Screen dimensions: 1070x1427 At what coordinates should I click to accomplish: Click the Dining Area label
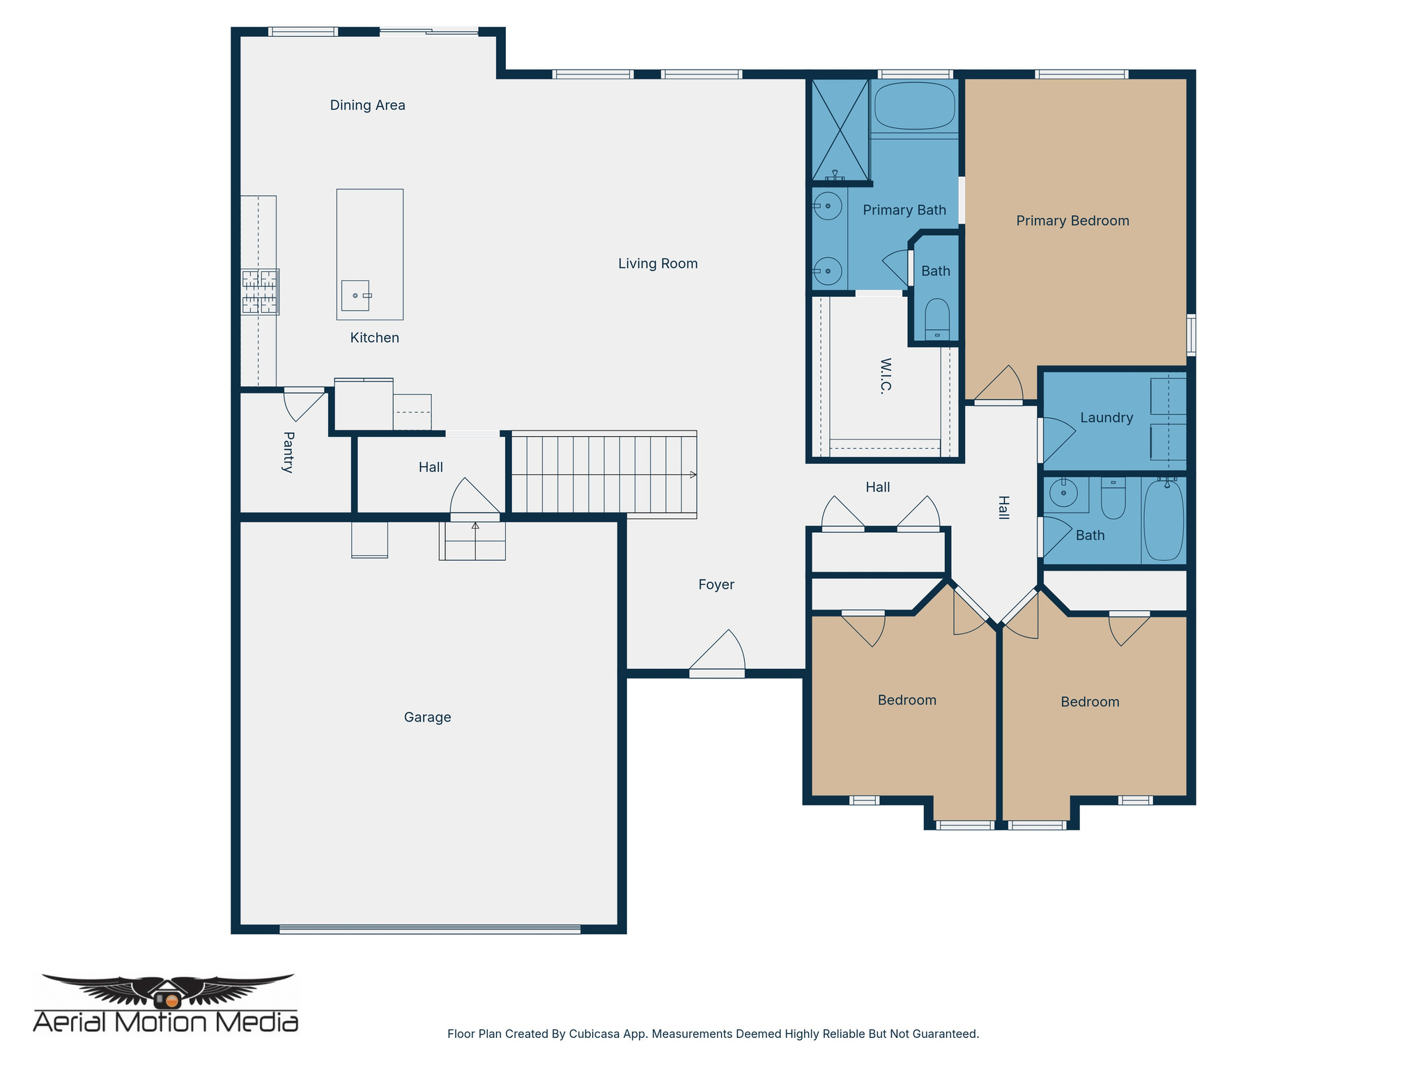coord(367,105)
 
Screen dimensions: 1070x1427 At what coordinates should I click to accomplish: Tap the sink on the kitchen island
coord(355,295)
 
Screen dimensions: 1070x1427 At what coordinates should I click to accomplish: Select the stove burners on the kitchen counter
coord(260,291)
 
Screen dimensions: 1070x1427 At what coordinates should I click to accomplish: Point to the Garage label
coord(427,717)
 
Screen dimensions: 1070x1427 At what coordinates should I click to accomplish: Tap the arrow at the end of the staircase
coord(693,474)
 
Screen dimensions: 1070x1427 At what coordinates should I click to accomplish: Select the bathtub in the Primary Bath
coord(914,105)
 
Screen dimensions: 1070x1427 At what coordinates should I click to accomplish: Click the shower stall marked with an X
coord(840,130)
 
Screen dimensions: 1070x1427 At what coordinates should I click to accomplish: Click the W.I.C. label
coord(886,376)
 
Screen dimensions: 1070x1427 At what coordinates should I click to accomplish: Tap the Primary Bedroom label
coord(1072,221)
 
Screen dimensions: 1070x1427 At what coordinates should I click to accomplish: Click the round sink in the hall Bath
coord(1063,493)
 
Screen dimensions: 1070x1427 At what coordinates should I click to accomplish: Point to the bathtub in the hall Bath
coord(1163,520)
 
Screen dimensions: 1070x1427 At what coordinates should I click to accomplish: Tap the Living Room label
coord(658,263)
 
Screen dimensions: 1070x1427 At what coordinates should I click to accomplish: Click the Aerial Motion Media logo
coord(166,1004)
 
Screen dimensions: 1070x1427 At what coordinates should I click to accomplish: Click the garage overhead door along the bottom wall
coord(430,929)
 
